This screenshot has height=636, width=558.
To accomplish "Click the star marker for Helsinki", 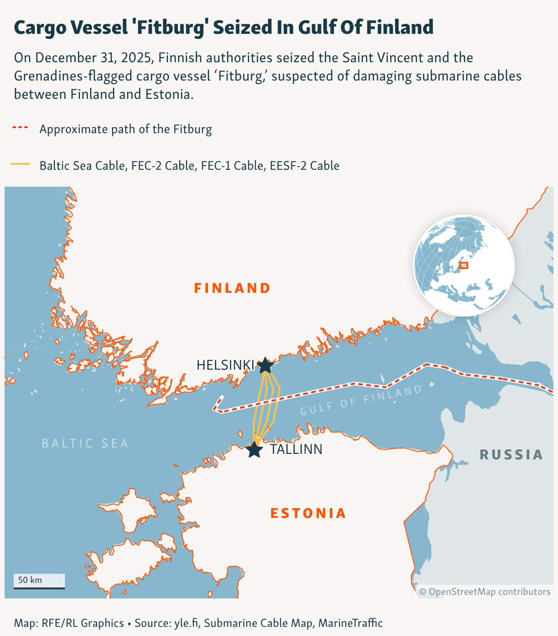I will click(265, 366).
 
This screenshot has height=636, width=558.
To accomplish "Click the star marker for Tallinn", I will click(254, 450).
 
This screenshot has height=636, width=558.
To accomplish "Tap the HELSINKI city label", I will click(225, 365).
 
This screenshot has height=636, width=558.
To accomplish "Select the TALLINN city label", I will click(296, 449).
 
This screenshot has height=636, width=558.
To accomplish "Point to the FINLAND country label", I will click(232, 288).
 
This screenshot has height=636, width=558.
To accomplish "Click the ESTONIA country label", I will click(308, 513).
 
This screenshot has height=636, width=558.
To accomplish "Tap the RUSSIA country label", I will click(511, 455).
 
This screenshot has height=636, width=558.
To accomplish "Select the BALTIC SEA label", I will click(85, 443).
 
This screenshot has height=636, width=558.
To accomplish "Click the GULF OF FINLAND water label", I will click(361, 400).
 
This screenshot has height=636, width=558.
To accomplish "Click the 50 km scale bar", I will click(39, 581).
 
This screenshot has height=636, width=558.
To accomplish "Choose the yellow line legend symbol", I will click(20, 164).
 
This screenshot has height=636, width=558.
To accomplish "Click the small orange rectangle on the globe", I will click(464, 265).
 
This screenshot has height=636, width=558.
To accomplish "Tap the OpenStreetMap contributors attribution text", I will click(485, 592).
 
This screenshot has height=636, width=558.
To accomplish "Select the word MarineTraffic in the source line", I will click(350, 623).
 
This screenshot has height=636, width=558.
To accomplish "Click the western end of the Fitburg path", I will click(221, 397).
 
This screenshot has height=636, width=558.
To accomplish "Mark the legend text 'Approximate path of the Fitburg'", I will click(126, 129).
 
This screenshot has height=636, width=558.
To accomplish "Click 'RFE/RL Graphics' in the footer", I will click(83, 623).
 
